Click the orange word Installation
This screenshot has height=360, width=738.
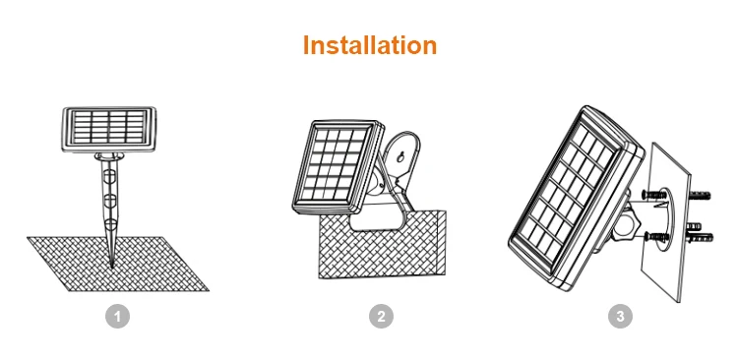(370, 45)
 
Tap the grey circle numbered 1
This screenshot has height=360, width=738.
(117, 317)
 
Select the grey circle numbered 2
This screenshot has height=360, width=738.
(381, 317)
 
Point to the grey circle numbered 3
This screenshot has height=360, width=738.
(620, 317)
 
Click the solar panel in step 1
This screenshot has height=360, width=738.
(109, 130)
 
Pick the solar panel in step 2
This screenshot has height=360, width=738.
(338, 167)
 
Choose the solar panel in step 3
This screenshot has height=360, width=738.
(577, 198)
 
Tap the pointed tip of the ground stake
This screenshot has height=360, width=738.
(111, 268)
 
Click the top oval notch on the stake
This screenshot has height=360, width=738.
(109, 176)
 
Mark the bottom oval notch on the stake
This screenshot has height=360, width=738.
(110, 224)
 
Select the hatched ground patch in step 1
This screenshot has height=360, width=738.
(118, 264)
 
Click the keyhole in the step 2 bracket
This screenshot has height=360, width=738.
(400, 156)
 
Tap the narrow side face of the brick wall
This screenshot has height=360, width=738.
(441, 243)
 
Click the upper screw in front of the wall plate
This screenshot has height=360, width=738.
(654, 194)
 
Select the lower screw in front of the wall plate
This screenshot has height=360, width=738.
(657, 236)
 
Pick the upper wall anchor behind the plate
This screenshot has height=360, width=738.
(700, 195)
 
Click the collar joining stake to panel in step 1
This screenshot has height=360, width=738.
(109, 156)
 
